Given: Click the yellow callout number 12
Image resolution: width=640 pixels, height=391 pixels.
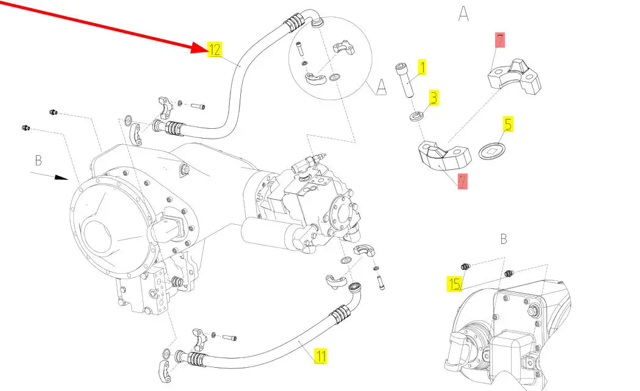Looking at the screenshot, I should coord(215,50).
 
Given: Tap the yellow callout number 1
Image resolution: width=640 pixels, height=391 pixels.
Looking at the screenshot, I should coord(421,67).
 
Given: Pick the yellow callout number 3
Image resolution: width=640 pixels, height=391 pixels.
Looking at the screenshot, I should coord(433,97).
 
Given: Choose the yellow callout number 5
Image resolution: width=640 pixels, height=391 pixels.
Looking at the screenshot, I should coord(508,125).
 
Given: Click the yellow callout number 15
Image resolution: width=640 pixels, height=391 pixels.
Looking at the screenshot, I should coord(454,284).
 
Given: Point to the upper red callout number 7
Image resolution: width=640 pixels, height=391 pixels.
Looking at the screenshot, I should coord(500,42).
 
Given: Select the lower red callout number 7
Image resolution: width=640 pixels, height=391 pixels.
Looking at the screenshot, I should coord(463,181).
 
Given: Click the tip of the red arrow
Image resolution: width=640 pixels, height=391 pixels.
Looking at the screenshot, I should coord(206,51).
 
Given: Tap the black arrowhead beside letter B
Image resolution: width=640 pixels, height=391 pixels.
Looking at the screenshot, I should coord(61,178).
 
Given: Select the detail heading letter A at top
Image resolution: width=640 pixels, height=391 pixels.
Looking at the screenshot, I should coord(463,14).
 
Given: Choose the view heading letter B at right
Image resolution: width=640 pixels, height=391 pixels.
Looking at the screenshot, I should coord(504,239).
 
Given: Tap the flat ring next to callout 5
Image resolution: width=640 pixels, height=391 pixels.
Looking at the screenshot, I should coord(491,151).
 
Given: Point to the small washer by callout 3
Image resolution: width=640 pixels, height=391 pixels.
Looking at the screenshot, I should coord(416,116).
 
